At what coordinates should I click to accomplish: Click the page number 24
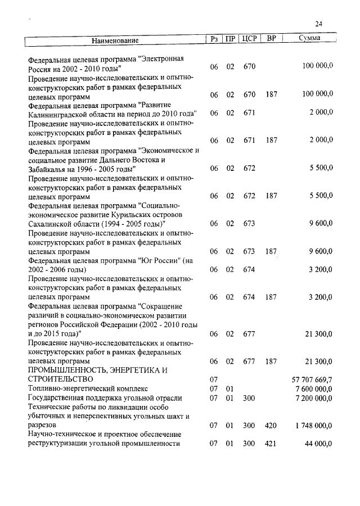pos(319,24)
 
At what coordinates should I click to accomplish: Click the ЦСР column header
pos(249,40)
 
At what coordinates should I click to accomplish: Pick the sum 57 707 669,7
pos(310,381)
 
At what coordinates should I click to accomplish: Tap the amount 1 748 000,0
pos(313,426)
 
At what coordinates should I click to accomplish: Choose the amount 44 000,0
pos(319,444)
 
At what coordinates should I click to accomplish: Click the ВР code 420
pos(271,426)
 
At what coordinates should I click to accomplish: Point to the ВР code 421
pos(271,444)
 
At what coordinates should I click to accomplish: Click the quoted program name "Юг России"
pos(160,261)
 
